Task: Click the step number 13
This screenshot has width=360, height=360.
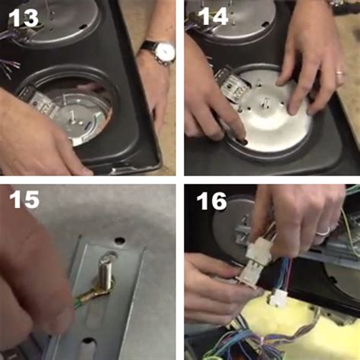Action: [x=22, y=17]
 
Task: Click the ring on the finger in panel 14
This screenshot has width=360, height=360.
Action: [x=339, y=75]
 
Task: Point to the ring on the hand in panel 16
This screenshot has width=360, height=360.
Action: [x=322, y=229]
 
